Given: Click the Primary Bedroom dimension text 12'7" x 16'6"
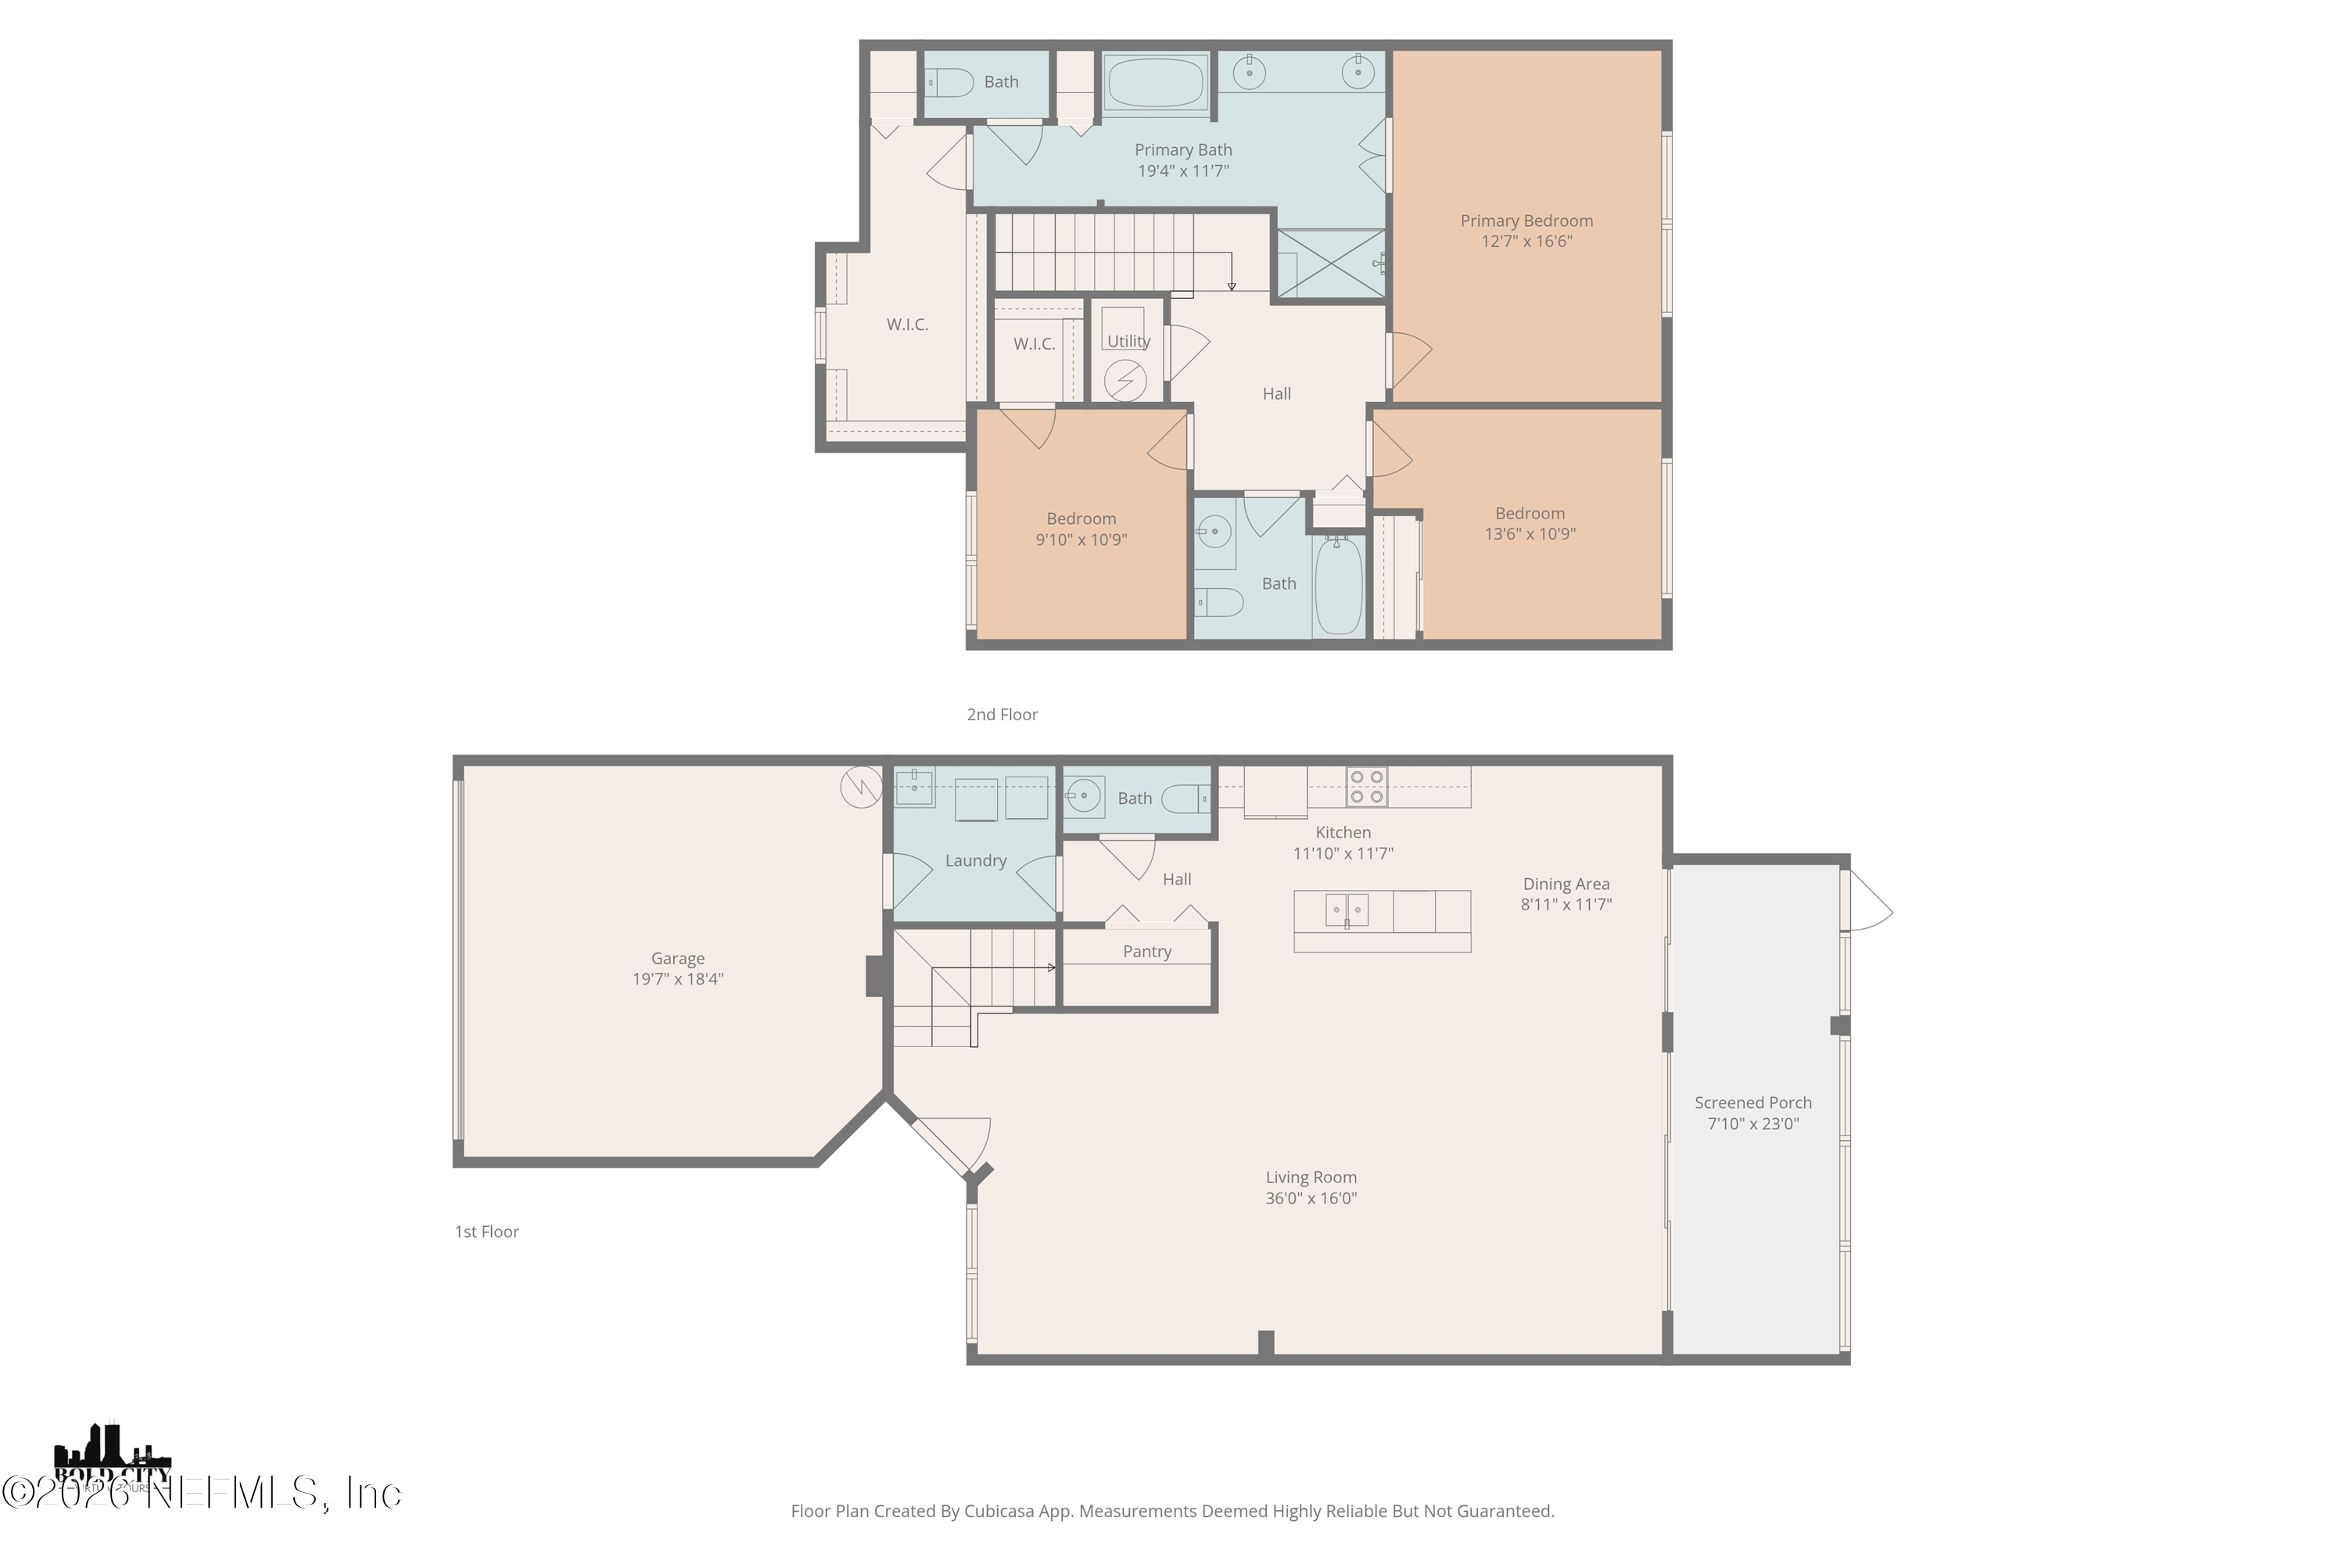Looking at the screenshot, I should click(x=1526, y=242).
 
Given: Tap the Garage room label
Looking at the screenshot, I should click(x=677, y=959).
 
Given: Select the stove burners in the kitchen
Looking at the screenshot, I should click(x=1365, y=786).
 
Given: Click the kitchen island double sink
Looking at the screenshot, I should click(x=1346, y=909).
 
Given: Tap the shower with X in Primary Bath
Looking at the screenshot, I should click(x=1332, y=264).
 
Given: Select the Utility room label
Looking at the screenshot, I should click(x=1128, y=341).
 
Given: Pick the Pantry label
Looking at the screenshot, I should click(x=1147, y=952).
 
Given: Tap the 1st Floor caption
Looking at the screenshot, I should click(x=486, y=1232).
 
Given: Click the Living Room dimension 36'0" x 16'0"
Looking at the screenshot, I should click(x=1311, y=1199).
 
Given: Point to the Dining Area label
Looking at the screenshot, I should click(x=1566, y=884).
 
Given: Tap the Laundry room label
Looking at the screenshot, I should click(x=975, y=861).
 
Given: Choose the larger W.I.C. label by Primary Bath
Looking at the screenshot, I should click(x=906, y=325).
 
